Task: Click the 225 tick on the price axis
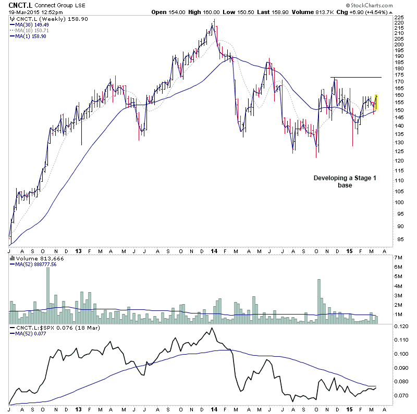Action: (x=399, y=17)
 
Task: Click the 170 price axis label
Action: (x=399, y=81)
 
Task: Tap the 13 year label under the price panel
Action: (x=77, y=250)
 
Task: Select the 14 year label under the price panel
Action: (x=214, y=250)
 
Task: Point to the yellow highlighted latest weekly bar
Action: (x=376, y=102)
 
